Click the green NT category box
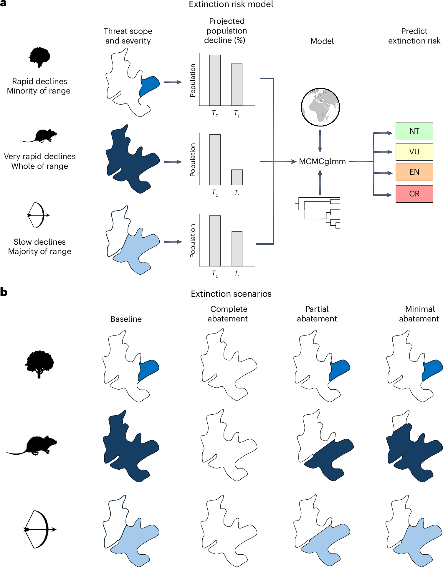click(414, 131)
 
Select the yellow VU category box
click(414, 152)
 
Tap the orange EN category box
click(414, 172)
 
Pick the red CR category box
click(414, 194)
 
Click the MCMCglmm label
click(322, 161)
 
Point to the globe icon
click(320, 107)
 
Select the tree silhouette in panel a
click(39, 57)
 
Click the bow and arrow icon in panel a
click(38, 215)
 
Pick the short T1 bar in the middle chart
click(237, 177)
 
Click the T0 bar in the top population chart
click(215, 80)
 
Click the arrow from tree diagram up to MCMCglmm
click(320, 182)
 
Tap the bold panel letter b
click(4, 292)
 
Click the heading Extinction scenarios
click(231, 294)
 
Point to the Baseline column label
click(126, 319)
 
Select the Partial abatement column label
click(317, 314)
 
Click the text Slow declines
click(39, 242)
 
